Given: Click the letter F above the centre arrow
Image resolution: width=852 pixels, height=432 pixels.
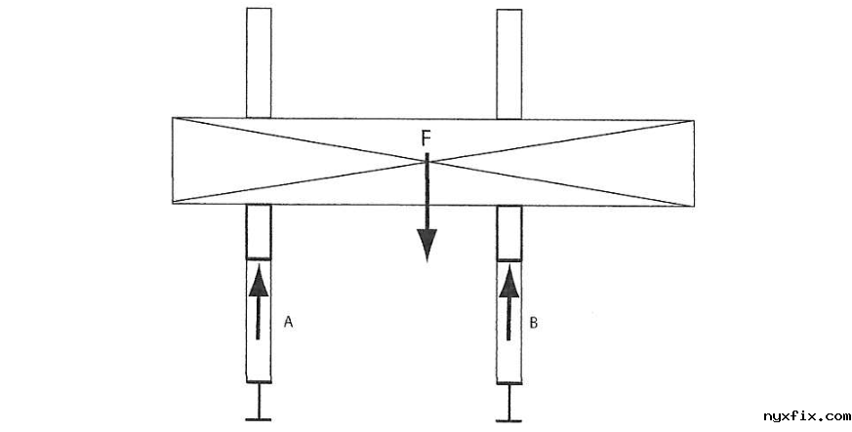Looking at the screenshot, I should [x=426, y=139].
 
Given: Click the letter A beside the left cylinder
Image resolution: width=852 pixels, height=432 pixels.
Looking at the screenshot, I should [x=288, y=320].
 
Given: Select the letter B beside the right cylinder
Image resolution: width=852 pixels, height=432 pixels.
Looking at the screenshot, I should [x=534, y=320].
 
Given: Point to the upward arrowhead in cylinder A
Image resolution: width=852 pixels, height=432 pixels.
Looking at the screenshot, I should [x=259, y=280].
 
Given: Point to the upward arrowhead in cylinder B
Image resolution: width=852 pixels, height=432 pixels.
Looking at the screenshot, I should [x=509, y=280].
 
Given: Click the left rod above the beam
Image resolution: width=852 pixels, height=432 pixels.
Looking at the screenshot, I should [x=259, y=62].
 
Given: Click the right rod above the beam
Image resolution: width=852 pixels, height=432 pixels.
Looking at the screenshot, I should [x=509, y=62].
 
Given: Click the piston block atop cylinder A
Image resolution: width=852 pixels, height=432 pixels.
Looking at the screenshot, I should [x=259, y=231].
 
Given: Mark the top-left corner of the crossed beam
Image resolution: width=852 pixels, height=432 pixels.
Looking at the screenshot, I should [x=173, y=119].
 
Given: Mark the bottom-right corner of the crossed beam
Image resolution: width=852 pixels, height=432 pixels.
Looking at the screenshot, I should [x=693, y=205].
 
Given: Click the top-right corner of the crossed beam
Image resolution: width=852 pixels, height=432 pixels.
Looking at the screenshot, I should [x=693, y=120].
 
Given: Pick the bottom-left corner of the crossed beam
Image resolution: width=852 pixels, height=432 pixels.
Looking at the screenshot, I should [x=173, y=204].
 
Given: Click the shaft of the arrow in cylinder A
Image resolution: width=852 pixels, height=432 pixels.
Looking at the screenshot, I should [x=259, y=317].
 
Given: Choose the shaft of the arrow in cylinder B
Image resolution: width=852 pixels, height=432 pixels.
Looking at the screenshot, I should [x=509, y=318].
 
